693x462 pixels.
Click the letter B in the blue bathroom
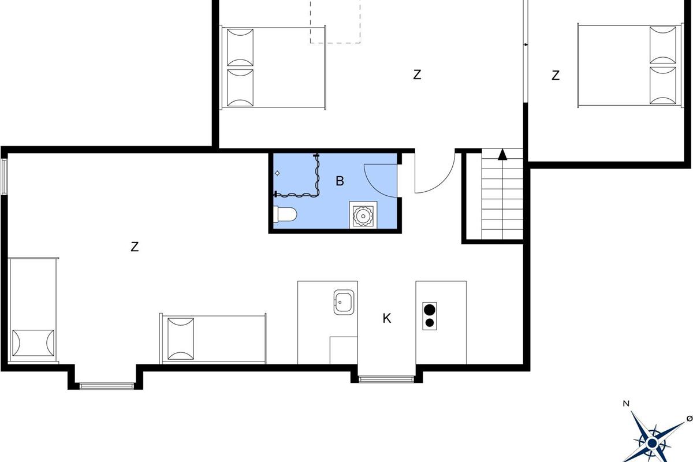(x=340, y=181)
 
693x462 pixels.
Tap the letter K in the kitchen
(x=387, y=318)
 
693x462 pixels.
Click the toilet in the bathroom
(x=285, y=214)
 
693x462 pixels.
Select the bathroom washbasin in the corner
(x=363, y=215)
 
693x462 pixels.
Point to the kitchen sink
(x=344, y=303)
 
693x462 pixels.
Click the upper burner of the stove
(x=430, y=310)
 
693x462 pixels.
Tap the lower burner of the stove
(x=430, y=323)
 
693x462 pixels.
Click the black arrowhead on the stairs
(x=502, y=154)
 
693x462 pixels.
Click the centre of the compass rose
(x=653, y=443)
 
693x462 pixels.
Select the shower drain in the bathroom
(x=277, y=173)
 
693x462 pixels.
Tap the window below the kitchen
(x=386, y=379)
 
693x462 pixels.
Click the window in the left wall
(x=4, y=177)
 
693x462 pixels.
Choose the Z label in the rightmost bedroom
(x=556, y=76)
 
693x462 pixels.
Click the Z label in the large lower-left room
(x=135, y=247)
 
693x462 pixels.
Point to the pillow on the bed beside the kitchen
(x=181, y=339)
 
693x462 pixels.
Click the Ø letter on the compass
(x=690, y=418)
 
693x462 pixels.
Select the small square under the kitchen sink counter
(x=344, y=351)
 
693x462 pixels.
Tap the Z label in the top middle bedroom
(x=417, y=75)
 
